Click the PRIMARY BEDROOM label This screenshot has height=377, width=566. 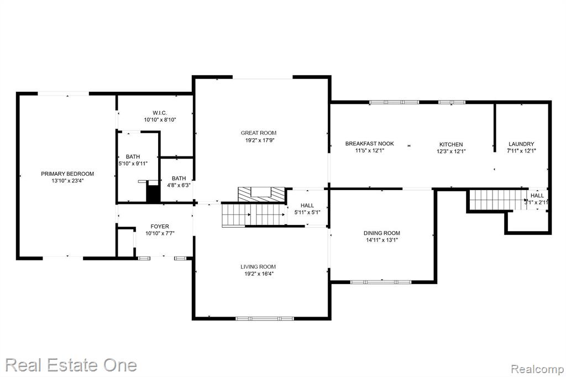pyautogui.click(x=67, y=174)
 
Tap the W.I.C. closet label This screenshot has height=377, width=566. pyautogui.click(x=160, y=113)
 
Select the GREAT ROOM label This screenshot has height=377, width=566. pyautogui.click(x=259, y=133)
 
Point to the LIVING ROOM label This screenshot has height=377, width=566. pyautogui.click(x=258, y=267)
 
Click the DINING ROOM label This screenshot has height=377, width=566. pyautogui.click(x=381, y=233)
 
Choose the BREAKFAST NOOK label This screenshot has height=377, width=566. pyautogui.click(x=370, y=144)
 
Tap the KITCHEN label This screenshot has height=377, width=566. pyautogui.click(x=451, y=144)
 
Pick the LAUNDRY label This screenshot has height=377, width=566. pyautogui.click(x=521, y=144)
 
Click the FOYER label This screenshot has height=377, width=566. pyautogui.click(x=160, y=227)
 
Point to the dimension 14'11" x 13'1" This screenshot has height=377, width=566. pyautogui.click(x=381, y=240)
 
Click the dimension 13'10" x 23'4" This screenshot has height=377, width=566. pyautogui.click(x=67, y=181)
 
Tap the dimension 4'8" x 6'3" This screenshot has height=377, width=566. pyautogui.click(x=179, y=185)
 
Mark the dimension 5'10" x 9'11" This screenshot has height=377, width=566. pyautogui.click(x=133, y=164)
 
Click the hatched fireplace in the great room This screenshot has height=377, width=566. pyautogui.click(x=261, y=194)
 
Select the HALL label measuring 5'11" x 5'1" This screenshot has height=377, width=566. pyautogui.click(x=307, y=206)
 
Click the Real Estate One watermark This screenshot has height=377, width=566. pyautogui.click(x=71, y=365)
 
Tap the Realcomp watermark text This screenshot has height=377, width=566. pyautogui.click(x=537, y=369)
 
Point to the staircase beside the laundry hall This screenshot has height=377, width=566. pyautogui.click(x=497, y=200)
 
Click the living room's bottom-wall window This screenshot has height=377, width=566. pyautogui.click(x=265, y=318)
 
